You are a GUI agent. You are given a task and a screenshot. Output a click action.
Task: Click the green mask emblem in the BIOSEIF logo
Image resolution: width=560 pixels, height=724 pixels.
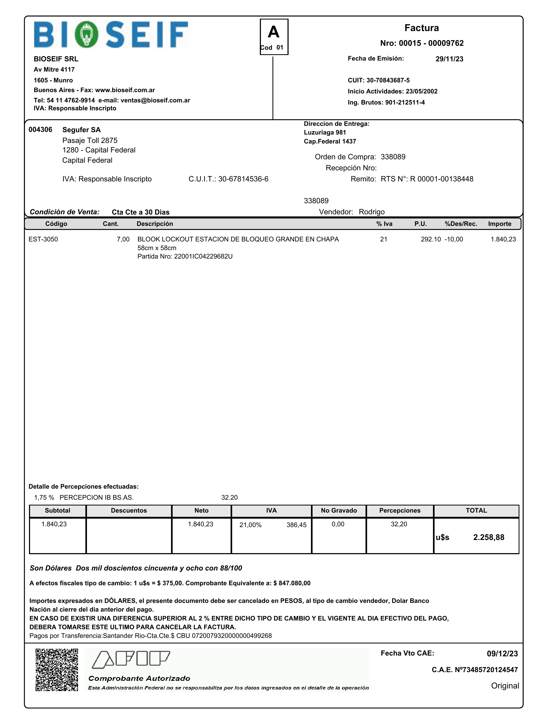point(86,34)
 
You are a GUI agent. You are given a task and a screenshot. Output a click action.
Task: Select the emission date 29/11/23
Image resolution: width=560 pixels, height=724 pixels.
point(449,59)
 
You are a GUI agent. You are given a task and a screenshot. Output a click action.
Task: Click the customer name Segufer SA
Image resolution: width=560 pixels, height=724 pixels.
point(81,130)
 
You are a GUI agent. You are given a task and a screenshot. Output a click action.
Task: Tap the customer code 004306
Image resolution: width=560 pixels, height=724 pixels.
point(40,130)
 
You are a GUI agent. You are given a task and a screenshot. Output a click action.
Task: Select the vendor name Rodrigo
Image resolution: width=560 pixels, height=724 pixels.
point(372,212)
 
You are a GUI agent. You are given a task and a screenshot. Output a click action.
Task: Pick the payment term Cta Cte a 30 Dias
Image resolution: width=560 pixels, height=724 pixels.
point(140,212)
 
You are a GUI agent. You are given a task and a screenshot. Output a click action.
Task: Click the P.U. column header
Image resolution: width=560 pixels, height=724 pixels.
point(420,224)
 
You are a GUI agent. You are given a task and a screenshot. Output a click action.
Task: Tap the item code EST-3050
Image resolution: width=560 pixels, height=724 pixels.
point(43,239)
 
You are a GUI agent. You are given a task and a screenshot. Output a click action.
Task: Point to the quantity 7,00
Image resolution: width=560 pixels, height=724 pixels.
point(123,239)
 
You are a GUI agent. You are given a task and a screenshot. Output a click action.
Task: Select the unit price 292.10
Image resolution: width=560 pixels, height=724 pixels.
point(431,239)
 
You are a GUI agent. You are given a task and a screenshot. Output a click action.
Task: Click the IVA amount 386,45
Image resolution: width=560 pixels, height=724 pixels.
point(296,525)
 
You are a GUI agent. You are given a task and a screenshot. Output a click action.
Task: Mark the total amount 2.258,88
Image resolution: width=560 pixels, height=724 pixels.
point(488,537)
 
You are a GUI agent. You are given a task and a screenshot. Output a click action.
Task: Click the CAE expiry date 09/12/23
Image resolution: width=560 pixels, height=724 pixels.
point(502,653)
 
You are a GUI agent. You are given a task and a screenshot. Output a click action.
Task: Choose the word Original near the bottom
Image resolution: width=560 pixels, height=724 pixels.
point(505,686)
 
